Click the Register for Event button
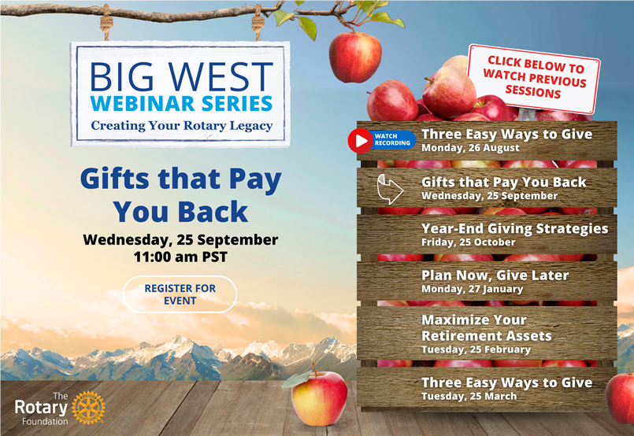[180, 294]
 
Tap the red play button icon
[360, 141]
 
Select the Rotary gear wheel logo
[88, 408]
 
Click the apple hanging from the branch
[355, 57]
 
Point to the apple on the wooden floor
[319, 397]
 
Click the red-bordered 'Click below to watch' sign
[534, 78]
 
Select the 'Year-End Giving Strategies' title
[515, 229]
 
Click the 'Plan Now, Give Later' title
[495, 275]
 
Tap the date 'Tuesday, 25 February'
[476, 349]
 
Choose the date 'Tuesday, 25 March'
[469, 396]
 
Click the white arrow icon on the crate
[390, 189]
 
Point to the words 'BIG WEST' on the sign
[181, 76]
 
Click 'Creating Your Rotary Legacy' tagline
[182, 126]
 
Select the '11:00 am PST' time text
[180, 257]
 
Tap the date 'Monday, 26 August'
[470, 148]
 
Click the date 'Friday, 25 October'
[469, 242]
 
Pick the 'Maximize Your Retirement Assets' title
[487, 328]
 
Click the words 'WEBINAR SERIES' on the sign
[181, 103]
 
